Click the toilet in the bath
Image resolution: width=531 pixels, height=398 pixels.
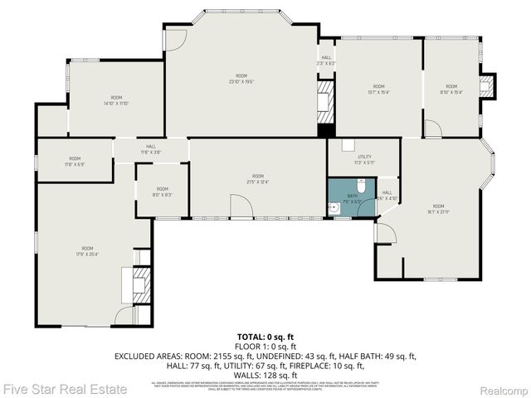[x=358, y=209]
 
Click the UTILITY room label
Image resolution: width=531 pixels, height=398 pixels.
[x=364, y=159]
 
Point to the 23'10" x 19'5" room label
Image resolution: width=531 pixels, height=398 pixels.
[x=241, y=79]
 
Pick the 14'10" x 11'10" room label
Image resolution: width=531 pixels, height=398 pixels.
[x=116, y=101]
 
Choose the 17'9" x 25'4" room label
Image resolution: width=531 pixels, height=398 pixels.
[x=87, y=251]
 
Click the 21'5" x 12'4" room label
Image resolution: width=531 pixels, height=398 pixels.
[x=258, y=179]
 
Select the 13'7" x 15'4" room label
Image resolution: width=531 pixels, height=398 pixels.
[x=378, y=90]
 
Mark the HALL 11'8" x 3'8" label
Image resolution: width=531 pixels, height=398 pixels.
[x=151, y=149]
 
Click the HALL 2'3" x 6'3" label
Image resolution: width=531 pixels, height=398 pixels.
[x=326, y=60]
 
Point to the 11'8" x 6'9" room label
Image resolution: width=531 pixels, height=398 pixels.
[x=75, y=161]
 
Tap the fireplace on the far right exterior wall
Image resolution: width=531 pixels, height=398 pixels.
[x=489, y=85]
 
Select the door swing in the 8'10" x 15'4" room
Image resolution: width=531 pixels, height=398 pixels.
[x=432, y=129]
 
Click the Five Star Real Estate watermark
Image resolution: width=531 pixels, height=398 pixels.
[x=64, y=388]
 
